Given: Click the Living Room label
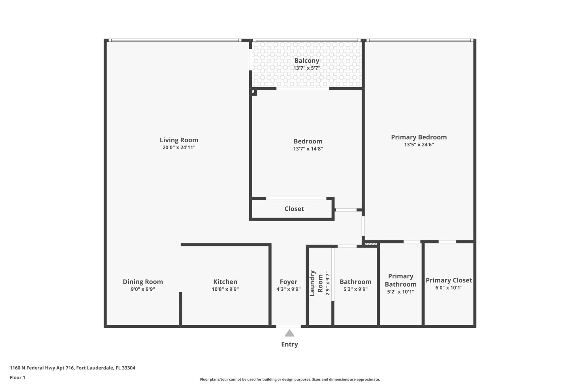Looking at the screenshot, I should pyautogui.click(x=179, y=140).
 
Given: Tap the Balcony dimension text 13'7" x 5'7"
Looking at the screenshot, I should pyautogui.click(x=307, y=68).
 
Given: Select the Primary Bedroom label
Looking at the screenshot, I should pyautogui.click(x=419, y=137).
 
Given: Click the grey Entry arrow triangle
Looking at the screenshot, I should pyautogui.click(x=289, y=333).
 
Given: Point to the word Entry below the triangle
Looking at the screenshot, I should pyautogui.click(x=289, y=344).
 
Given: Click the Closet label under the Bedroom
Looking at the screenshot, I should pyautogui.click(x=294, y=209).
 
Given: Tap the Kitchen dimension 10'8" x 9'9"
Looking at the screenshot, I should pyautogui.click(x=225, y=289).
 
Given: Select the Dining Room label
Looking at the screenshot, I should pyautogui.click(x=143, y=282).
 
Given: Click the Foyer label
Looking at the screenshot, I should pyautogui.click(x=288, y=282).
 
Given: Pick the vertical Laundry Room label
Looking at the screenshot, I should pyautogui.click(x=316, y=283).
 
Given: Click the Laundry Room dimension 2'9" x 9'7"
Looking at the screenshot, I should pyautogui.click(x=328, y=283).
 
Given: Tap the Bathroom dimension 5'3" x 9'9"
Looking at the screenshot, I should pyautogui.click(x=355, y=289).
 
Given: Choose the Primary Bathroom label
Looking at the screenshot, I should pyautogui.click(x=400, y=280).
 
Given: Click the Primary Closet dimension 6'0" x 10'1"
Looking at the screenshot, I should pyautogui.click(x=449, y=288).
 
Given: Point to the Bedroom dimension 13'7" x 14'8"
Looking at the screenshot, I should pyautogui.click(x=308, y=149).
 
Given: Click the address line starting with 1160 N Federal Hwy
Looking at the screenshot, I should pyautogui.click(x=72, y=368).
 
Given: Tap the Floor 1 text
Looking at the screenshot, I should pyautogui.click(x=18, y=377).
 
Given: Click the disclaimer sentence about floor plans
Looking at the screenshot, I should pyautogui.click(x=290, y=379).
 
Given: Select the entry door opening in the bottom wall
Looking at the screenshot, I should pyautogui.click(x=288, y=326).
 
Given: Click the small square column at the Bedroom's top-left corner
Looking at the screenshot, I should pyautogui.click(x=254, y=92).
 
